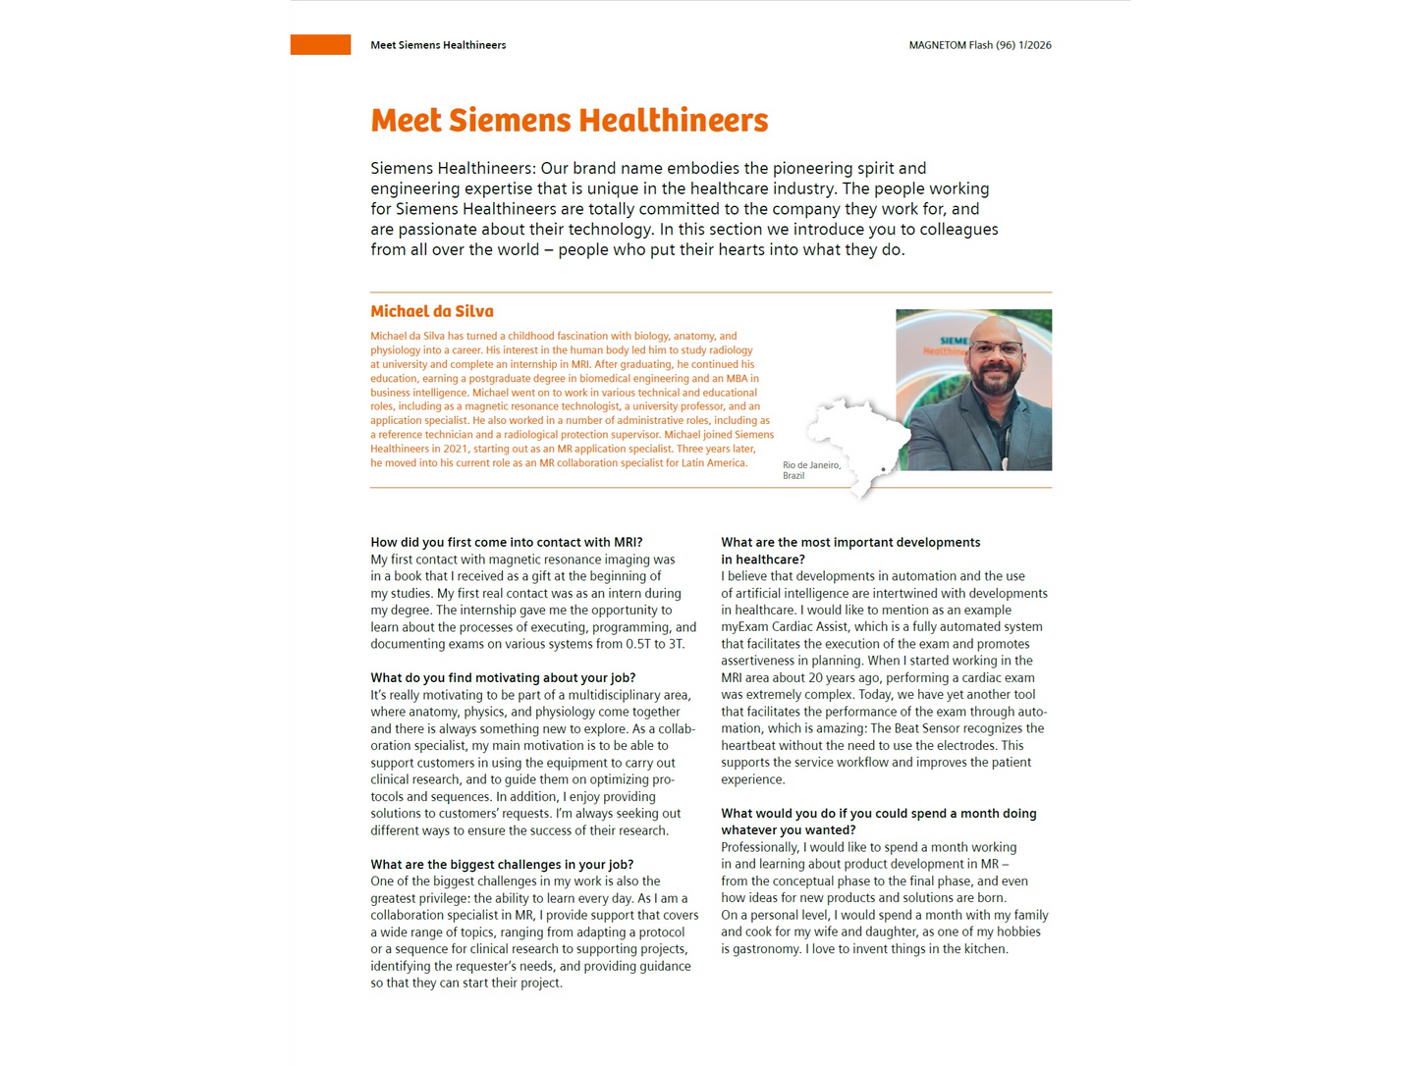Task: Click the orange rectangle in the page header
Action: click(x=320, y=45)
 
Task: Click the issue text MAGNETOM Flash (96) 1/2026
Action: click(x=979, y=45)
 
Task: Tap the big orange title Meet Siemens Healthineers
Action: click(x=569, y=121)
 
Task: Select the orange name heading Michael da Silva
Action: click(x=431, y=311)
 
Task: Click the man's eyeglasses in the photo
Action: click(x=995, y=349)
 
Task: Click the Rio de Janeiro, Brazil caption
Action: click(x=810, y=470)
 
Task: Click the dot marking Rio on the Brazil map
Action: click(x=884, y=470)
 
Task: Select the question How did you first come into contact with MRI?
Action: click(x=506, y=542)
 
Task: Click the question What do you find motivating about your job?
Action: click(x=502, y=677)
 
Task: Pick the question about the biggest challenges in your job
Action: click(x=501, y=864)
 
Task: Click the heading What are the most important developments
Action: click(x=849, y=542)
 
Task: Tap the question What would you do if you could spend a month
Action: click(x=878, y=813)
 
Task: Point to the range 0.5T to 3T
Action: click(x=654, y=644)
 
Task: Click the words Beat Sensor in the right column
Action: click(x=930, y=728)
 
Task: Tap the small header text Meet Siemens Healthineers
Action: click(x=438, y=45)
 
